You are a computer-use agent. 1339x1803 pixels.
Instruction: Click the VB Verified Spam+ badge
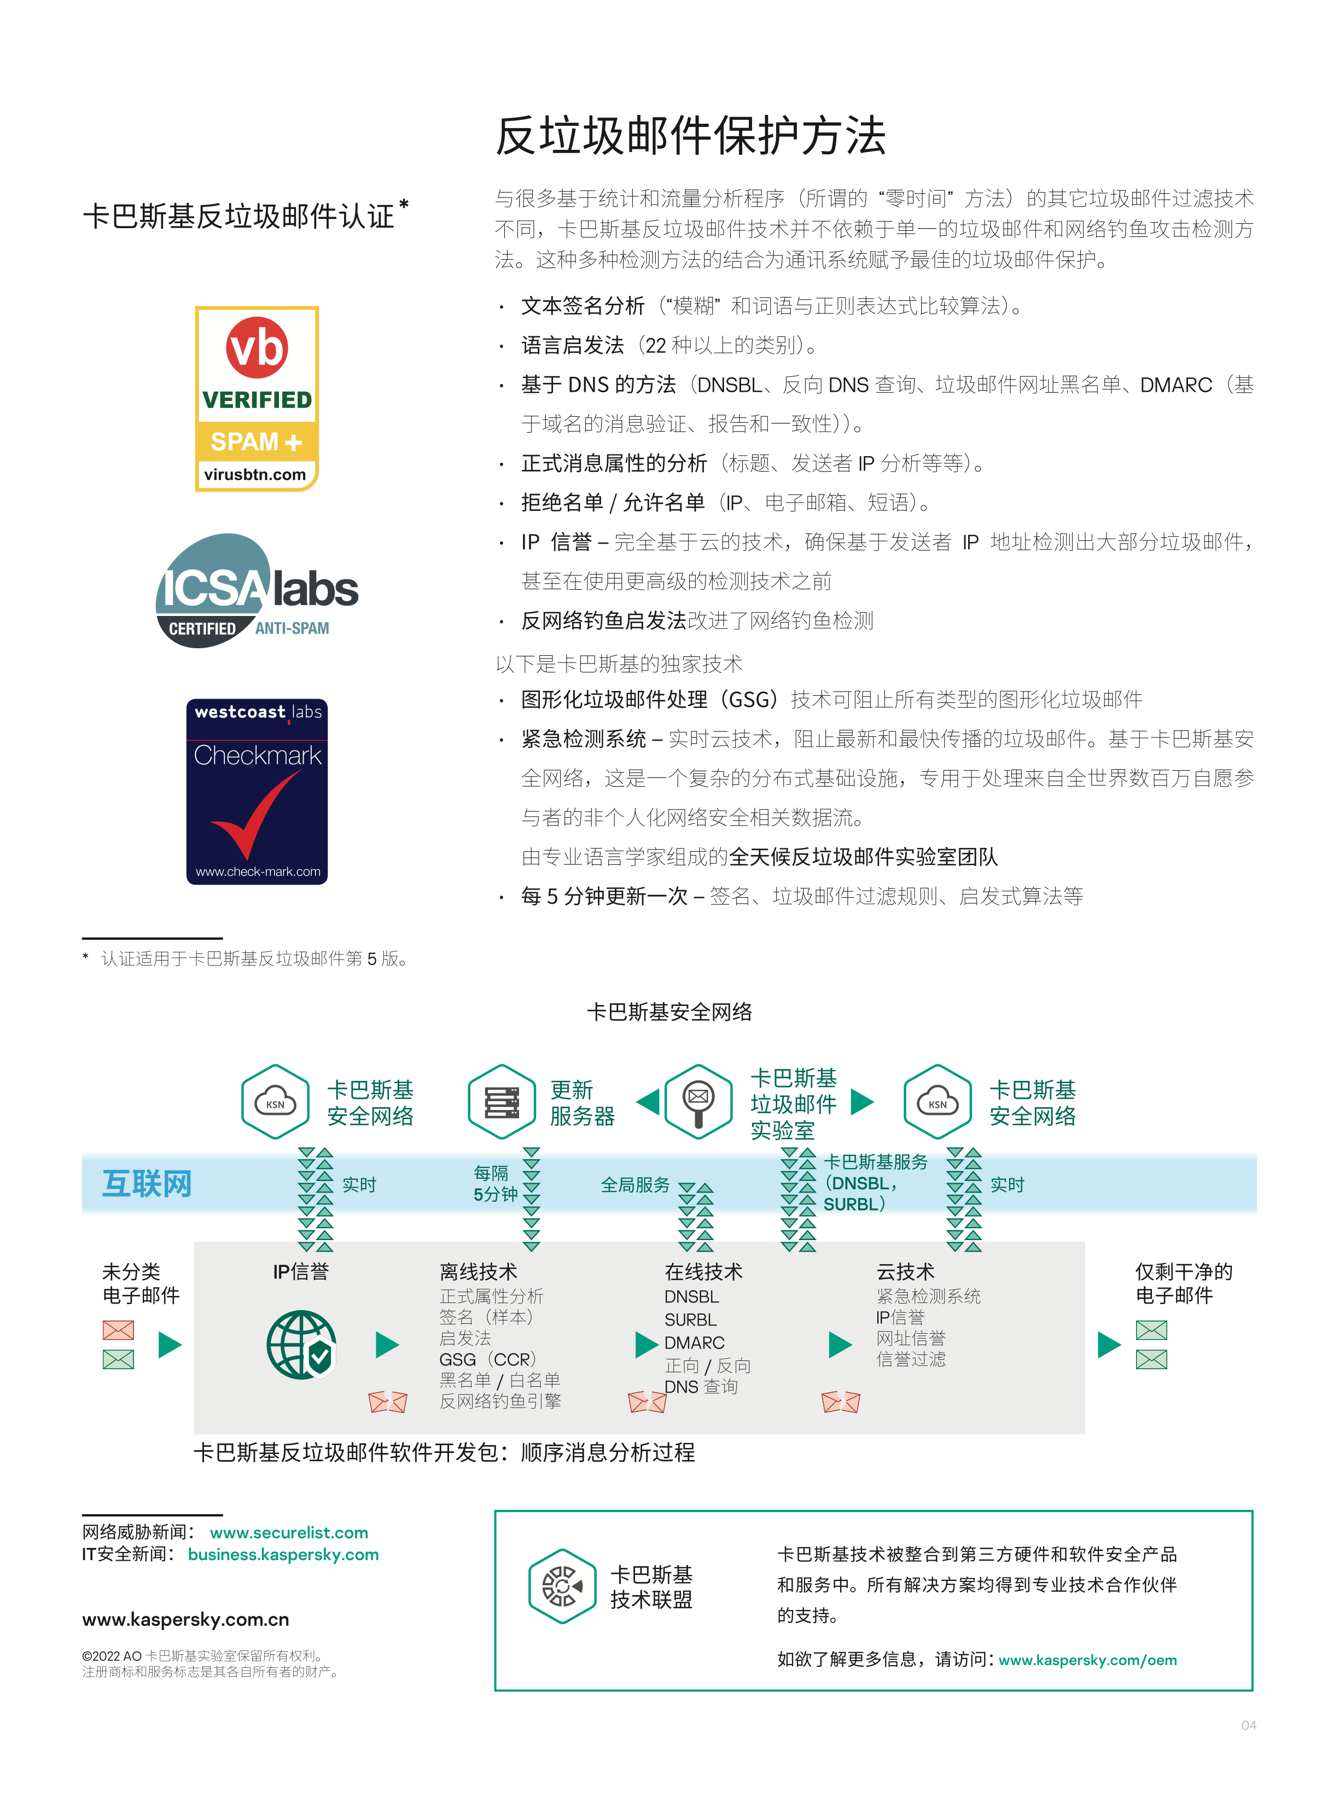pyautogui.click(x=257, y=398)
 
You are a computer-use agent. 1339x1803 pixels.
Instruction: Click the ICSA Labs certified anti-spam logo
pyautogui.click(x=257, y=590)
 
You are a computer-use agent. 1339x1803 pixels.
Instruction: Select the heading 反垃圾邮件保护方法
pyautogui.click(x=691, y=135)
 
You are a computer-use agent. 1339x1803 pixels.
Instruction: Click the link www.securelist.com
pyautogui.click(x=289, y=1532)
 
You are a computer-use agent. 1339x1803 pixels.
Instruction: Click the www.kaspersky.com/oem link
pyautogui.click(x=1088, y=1660)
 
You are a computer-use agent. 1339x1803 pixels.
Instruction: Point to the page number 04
pyautogui.click(x=1248, y=1725)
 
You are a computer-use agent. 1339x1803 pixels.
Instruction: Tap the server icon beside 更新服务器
pyautogui.click(x=502, y=1102)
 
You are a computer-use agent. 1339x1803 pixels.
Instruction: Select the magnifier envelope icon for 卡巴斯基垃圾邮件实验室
pyautogui.click(x=698, y=1102)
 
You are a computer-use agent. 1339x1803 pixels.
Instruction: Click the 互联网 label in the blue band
pyautogui.click(x=147, y=1184)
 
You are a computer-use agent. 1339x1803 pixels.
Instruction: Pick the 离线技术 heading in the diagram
pyautogui.click(x=478, y=1271)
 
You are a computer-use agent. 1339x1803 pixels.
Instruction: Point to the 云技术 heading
pyautogui.click(x=905, y=1271)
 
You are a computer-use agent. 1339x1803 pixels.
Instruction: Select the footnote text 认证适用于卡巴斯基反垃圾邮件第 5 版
pyautogui.click(x=254, y=958)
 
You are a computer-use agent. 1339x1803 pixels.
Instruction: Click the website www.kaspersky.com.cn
pyautogui.click(x=185, y=1619)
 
